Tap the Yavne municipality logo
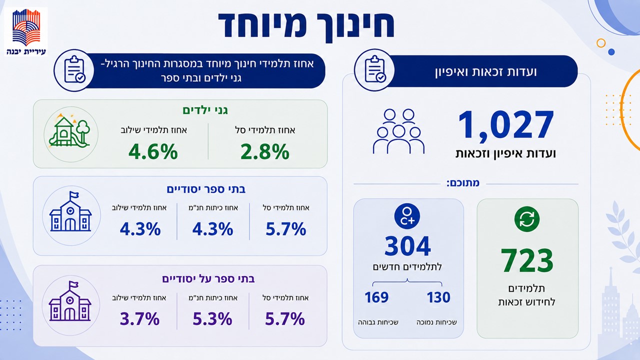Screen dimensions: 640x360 pyautogui.click(x=26, y=31)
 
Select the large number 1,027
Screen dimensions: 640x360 pyautogui.click(x=505, y=125)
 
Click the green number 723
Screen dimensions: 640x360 pyautogui.click(x=527, y=260)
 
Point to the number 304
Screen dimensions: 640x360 pyautogui.click(x=407, y=245)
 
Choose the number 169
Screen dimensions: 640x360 pyautogui.click(x=376, y=297)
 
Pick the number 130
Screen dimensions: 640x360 pyautogui.click(x=438, y=297)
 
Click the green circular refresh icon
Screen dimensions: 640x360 pyautogui.click(x=527, y=219)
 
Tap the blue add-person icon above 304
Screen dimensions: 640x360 pyautogui.click(x=407, y=216)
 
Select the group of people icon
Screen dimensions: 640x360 pyautogui.click(x=398, y=131)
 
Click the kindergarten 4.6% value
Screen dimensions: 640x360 pyautogui.click(x=153, y=151)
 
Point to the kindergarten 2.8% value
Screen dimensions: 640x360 pyautogui.click(x=265, y=151)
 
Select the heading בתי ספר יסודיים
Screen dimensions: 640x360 pyautogui.click(x=206, y=189)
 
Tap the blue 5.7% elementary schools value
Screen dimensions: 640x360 pyautogui.click(x=286, y=229)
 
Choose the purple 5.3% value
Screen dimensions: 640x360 pyautogui.click(x=212, y=319)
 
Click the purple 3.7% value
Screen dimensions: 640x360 pyautogui.click(x=139, y=319)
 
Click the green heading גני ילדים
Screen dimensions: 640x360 pyautogui.click(x=205, y=110)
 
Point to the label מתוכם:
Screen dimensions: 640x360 pyautogui.click(x=463, y=183)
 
